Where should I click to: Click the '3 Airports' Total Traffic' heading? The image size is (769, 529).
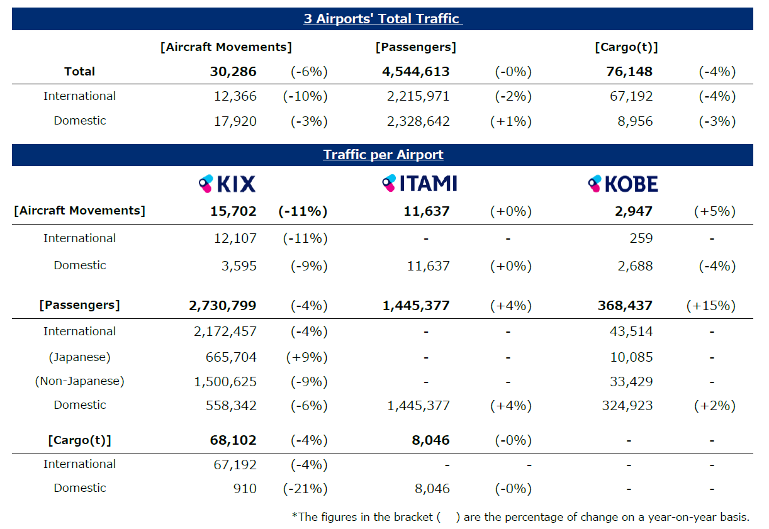click(383, 19)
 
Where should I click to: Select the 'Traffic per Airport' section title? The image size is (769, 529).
click(383, 155)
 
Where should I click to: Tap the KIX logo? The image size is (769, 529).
click(227, 184)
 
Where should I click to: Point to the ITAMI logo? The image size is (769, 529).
click(420, 183)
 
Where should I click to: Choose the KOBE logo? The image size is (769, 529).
click(623, 184)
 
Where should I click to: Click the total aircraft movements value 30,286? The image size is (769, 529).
click(233, 72)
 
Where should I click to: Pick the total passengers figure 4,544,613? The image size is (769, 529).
click(416, 72)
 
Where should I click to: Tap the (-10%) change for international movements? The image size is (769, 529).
click(305, 96)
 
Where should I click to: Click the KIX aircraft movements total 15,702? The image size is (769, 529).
click(233, 211)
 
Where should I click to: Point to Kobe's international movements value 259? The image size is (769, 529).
click(641, 238)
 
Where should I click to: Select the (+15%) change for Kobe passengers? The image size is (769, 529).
click(710, 306)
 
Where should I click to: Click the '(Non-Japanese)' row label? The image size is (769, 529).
click(79, 381)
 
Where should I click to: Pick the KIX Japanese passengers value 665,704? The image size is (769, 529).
click(231, 357)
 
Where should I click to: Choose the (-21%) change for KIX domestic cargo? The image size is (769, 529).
click(305, 489)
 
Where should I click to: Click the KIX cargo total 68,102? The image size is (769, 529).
click(233, 440)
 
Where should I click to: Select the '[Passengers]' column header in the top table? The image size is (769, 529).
click(416, 47)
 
